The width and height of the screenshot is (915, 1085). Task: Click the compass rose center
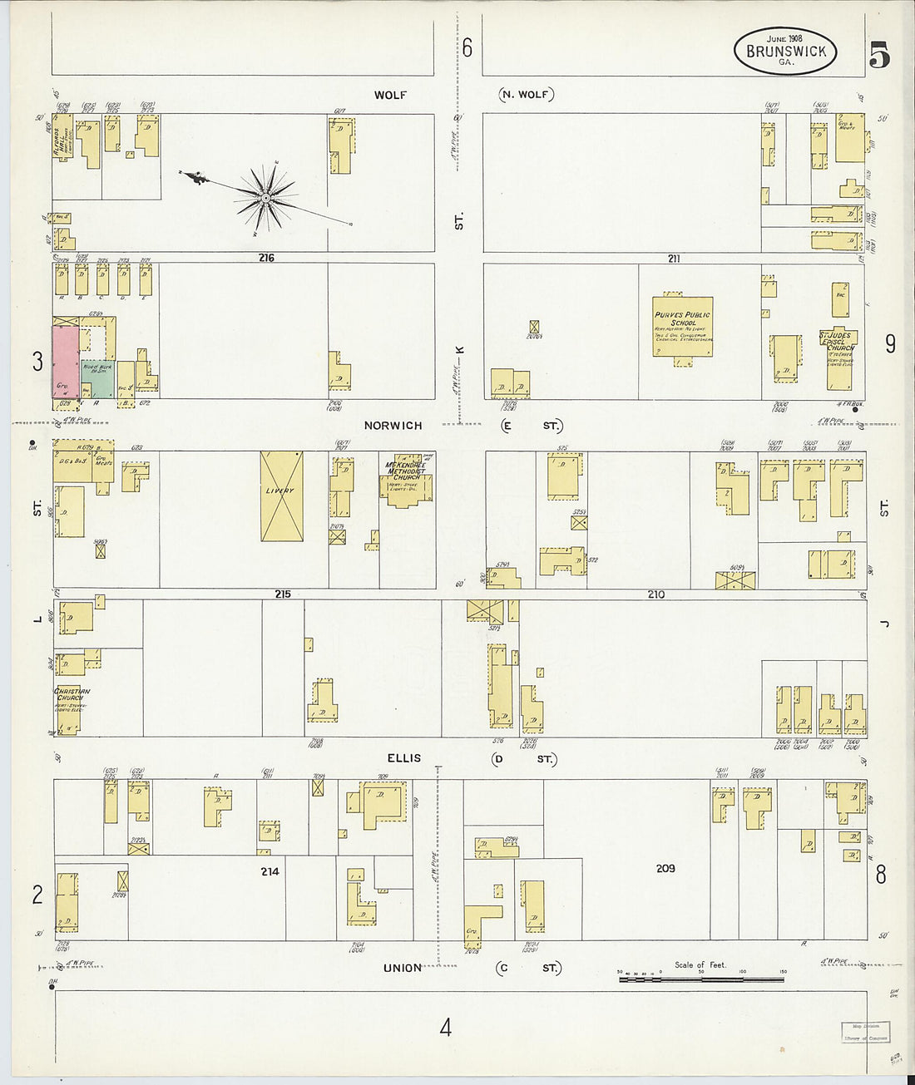coord(265,198)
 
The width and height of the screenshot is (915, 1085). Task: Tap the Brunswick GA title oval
coord(785,51)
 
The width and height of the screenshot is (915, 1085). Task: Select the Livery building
coord(281,496)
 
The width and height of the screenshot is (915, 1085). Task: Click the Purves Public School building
coord(682,327)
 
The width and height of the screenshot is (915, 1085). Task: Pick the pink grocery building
coord(66,362)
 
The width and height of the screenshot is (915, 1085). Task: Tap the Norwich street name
coord(393,426)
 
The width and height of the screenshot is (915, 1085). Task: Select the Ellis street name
coord(403,758)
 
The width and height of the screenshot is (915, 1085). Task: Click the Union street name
coord(403,968)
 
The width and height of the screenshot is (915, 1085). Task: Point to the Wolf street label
coord(390,95)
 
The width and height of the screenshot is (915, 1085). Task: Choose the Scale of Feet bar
coord(701,979)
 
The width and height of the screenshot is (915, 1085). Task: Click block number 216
coord(266,258)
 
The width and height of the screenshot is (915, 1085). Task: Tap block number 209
coord(665,868)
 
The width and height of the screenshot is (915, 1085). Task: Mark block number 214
coord(270,871)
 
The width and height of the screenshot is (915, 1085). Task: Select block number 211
coord(674,259)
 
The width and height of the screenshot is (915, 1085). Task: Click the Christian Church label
coord(72,694)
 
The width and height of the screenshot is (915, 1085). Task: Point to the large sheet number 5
coord(879,54)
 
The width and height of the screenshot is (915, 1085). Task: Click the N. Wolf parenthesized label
coord(527,94)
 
